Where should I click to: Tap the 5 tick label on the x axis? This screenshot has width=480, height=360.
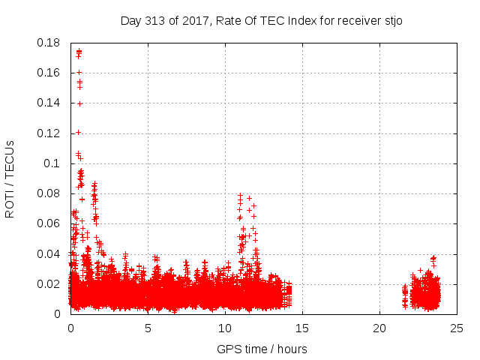click(x=148, y=328)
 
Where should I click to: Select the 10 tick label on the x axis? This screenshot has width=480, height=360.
click(x=225, y=328)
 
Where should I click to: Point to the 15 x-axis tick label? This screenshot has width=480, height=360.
click(x=302, y=328)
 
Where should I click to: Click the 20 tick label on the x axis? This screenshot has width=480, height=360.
click(x=379, y=328)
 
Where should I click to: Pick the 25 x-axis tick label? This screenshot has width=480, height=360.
click(x=457, y=328)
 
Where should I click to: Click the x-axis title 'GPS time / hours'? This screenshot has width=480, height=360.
click(x=262, y=349)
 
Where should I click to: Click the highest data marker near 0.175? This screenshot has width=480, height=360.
click(x=79, y=52)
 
